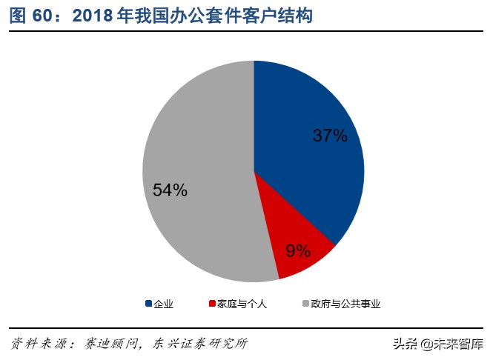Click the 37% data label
329,136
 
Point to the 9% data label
298,250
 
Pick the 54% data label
170,190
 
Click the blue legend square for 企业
148,304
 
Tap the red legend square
212,304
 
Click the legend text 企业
163,304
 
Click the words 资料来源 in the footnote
36,344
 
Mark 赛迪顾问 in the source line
109,344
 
